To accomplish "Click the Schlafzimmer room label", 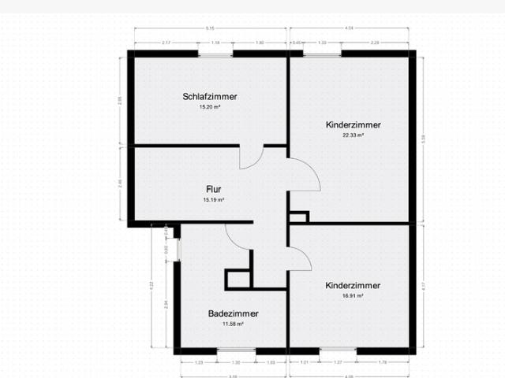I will (x=209, y=97).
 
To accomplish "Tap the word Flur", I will (x=213, y=190).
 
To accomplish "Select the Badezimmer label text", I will (x=233, y=313).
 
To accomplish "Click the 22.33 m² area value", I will (x=353, y=135).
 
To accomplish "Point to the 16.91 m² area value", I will (x=353, y=296).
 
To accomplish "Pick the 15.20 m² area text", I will (x=209, y=106).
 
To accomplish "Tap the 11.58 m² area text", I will (x=233, y=324).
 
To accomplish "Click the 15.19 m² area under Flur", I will (x=213, y=200).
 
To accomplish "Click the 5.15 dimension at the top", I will (x=210, y=28).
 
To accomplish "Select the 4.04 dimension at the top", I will (x=350, y=28).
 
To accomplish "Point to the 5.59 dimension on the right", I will (x=423, y=138).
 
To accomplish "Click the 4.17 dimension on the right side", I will (x=423, y=287).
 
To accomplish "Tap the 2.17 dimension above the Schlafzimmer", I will (x=166, y=43).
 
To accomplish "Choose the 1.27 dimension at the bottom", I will (x=338, y=362).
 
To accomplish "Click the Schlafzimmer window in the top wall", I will (x=215, y=54).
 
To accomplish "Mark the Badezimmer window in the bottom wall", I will (x=236, y=350).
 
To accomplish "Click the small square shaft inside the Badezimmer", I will (x=237, y=279).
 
